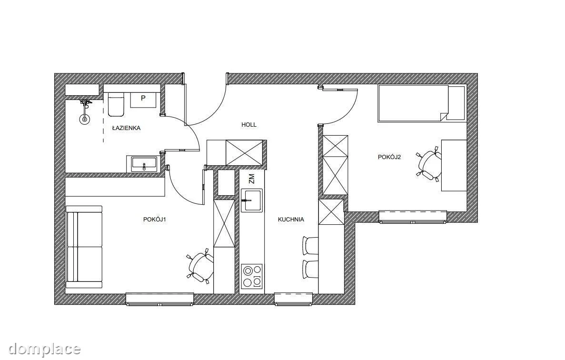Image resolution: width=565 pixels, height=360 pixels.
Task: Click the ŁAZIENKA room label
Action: pos(126,128)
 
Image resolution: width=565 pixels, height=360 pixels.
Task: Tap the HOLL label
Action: pos(249,125)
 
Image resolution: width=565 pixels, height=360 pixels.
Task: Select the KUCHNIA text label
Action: pos(291,219)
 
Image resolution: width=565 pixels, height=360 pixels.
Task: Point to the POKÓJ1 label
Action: pos(155,219)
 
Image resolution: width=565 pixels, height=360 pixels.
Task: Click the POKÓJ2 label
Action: pos(389,157)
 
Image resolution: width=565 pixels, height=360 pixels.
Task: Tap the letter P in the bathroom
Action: pos(143,98)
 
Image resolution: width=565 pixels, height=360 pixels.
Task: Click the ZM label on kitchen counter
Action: pos(251,179)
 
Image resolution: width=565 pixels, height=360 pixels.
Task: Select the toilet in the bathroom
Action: pos(116,104)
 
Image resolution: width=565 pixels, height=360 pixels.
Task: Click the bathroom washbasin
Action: pos(144,164)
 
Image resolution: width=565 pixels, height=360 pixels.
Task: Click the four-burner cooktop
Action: pos(251,276)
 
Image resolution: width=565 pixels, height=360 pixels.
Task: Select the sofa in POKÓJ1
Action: pos(84,247)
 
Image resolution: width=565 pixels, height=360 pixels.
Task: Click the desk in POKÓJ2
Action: pos(454,165)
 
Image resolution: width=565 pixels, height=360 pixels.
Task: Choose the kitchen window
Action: pos(293,299)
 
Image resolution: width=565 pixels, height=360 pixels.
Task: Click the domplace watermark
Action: pos(44,349)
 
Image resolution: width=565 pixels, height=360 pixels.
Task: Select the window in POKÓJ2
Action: pos(413,217)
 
